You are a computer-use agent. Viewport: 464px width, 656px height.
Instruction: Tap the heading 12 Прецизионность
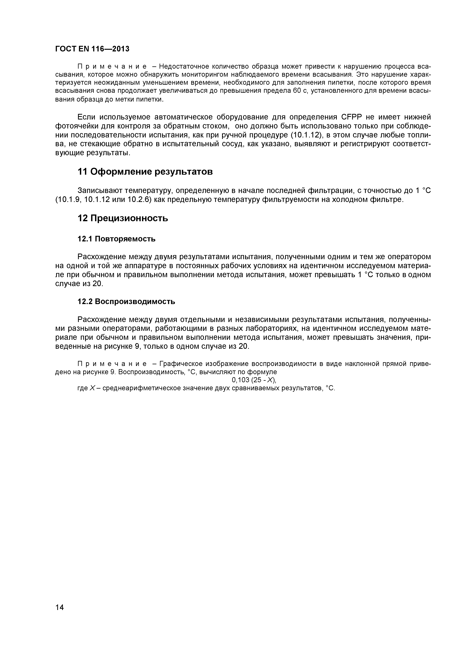pyautogui.click(x=123, y=218)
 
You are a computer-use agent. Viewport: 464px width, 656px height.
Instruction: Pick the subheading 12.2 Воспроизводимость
pyautogui.click(x=126, y=301)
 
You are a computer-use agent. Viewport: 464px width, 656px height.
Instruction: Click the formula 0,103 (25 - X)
pyautogui.click(x=254, y=380)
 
